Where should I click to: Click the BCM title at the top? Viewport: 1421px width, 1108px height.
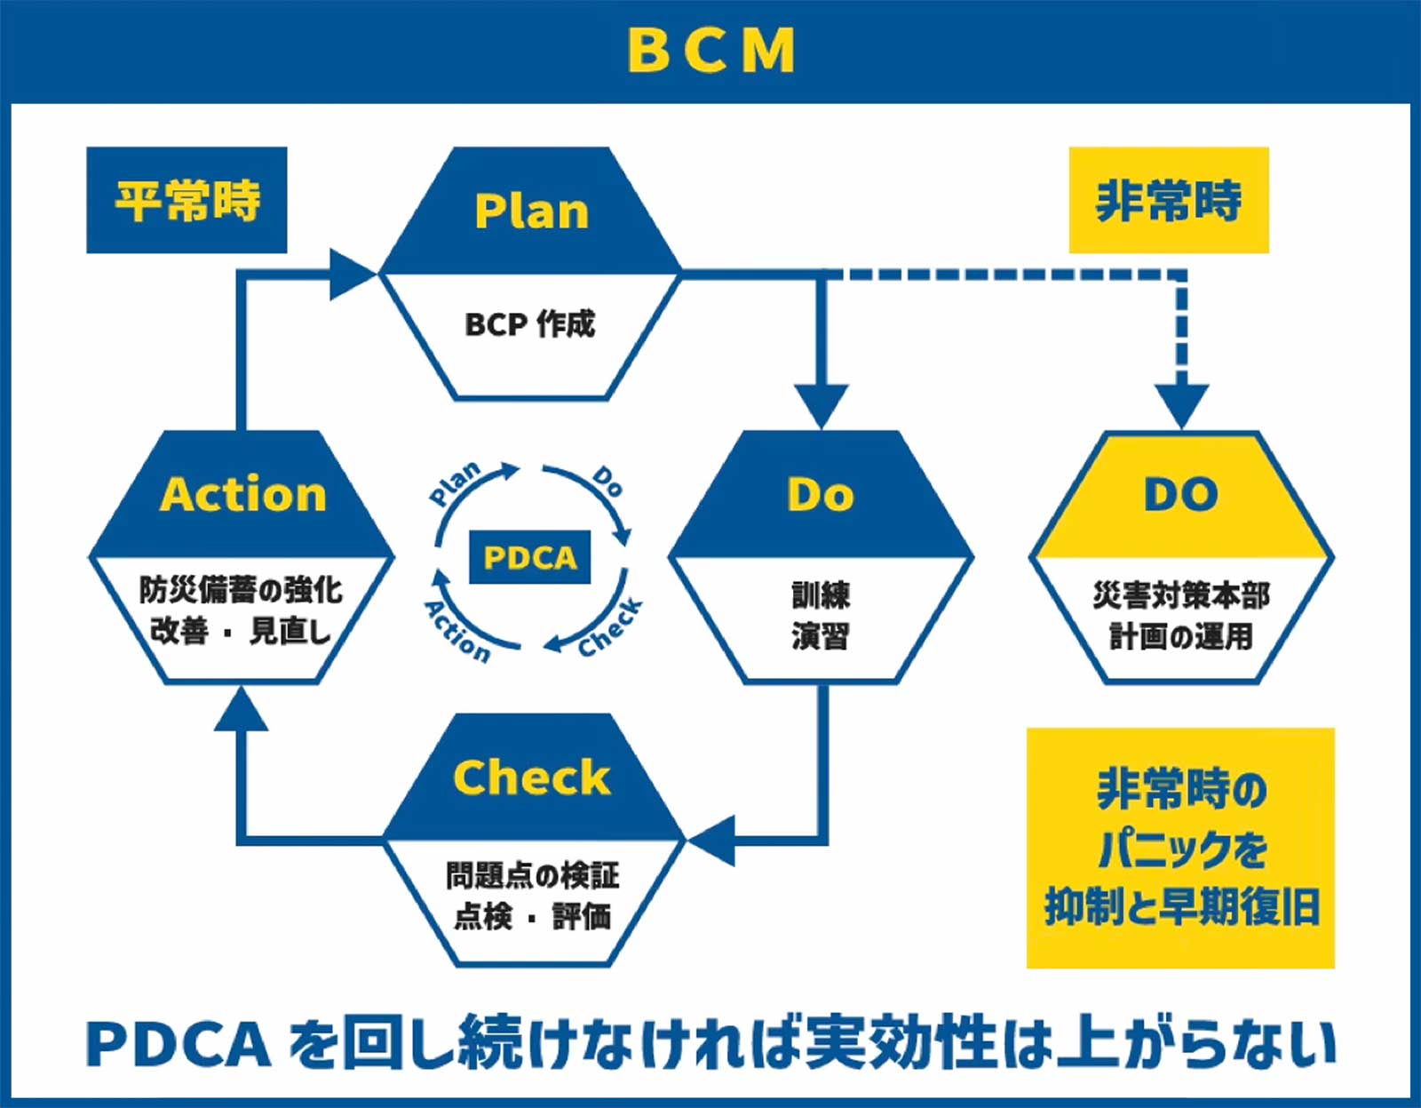pos(710,50)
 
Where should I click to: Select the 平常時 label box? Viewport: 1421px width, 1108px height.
pos(187,200)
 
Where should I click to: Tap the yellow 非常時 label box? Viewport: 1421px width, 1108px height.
pos(1168,200)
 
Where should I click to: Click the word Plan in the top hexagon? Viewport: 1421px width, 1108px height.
pos(531,211)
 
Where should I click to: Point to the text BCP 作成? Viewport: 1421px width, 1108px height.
pos(530,324)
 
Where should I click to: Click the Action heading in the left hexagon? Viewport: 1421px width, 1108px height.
pos(243,494)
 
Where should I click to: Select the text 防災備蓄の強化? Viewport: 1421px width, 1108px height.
pos(241,589)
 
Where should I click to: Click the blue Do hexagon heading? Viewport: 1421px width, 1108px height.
pos(821,494)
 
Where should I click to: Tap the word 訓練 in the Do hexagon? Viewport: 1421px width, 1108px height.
pos(821,594)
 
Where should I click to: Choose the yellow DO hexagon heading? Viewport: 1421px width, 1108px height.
pos(1180,494)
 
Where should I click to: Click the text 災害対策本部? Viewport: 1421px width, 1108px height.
pos(1180,594)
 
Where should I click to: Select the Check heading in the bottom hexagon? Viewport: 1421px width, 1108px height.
pos(531,777)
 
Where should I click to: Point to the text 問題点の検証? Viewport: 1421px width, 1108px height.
pos(532,875)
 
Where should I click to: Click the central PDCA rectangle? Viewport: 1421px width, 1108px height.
pos(530,557)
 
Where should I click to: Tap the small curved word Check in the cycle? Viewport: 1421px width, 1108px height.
pos(610,628)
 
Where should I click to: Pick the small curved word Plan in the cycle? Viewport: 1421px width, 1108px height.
pos(455,483)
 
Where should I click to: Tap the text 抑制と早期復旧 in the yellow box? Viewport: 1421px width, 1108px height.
pos(1180,907)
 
